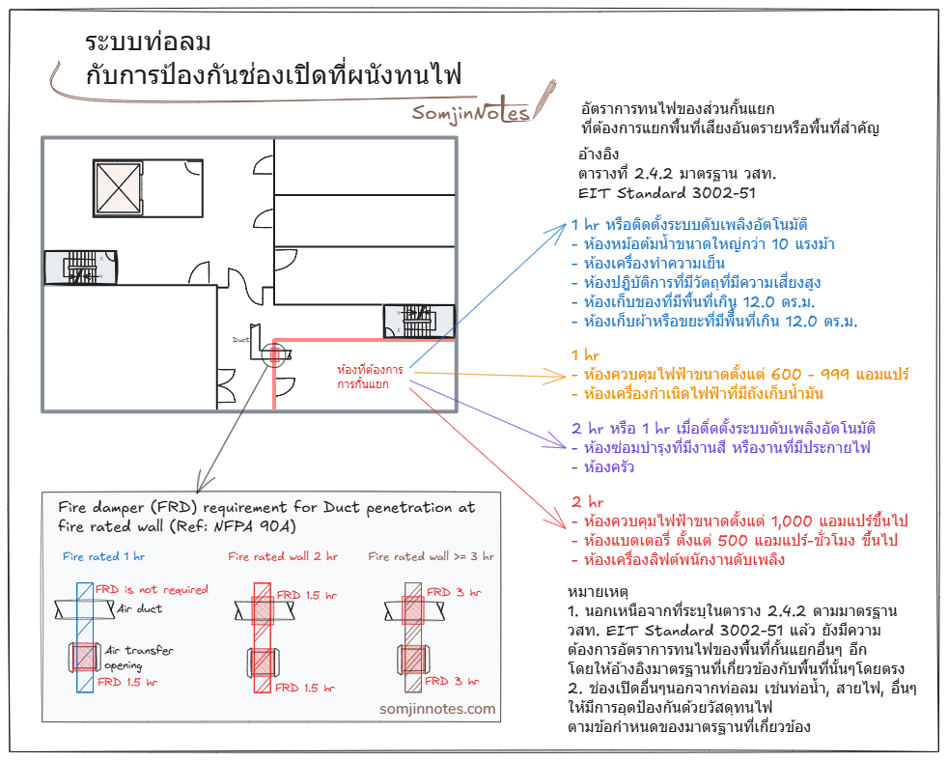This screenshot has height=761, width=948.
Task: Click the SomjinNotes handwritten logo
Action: pyautogui.click(x=471, y=112)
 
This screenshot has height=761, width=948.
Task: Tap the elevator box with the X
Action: pyautogui.click(x=119, y=188)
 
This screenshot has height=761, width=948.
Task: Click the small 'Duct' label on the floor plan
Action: pyautogui.click(x=240, y=339)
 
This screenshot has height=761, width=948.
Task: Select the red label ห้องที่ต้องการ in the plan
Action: pyautogui.click(x=370, y=369)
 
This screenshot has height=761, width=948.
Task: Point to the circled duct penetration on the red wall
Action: pyautogui.click(x=275, y=355)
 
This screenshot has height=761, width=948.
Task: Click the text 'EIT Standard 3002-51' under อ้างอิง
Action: pyautogui.click(x=667, y=193)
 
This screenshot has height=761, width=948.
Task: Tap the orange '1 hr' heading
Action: pyautogui.click(x=585, y=355)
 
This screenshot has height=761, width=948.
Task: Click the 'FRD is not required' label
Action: pyautogui.click(x=152, y=589)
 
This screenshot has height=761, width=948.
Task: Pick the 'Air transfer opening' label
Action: pyautogui.click(x=139, y=658)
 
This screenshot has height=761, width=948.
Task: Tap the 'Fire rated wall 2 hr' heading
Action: pyautogui.click(x=282, y=556)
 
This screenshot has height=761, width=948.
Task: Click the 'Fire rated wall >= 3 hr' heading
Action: pyautogui.click(x=432, y=556)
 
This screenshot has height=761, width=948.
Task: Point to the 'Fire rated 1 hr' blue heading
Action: pyautogui.click(x=103, y=556)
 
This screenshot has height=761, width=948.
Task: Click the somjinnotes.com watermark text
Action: pyautogui.click(x=437, y=709)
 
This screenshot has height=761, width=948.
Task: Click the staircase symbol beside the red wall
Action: pyautogui.click(x=419, y=321)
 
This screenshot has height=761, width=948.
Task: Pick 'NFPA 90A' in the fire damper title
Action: pyautogui.click(x=255, y=526)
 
